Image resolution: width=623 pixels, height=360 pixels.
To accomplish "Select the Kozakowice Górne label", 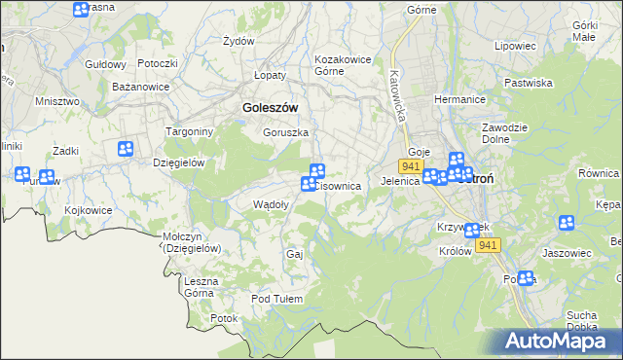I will point(343,65).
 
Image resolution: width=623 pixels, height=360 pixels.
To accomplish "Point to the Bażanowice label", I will point(141,87).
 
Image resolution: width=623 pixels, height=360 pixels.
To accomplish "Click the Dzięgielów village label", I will point(178,162).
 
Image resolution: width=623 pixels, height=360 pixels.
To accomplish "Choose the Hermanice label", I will point(459,99).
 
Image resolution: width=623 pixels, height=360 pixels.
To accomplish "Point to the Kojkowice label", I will point(90,210).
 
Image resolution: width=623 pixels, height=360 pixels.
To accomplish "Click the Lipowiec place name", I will point(515,45).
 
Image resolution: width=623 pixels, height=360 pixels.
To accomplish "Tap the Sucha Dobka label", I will point(581,320).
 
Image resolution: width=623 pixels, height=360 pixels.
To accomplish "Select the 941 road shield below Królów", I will point(489,245).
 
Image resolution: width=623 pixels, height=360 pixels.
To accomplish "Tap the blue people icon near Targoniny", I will point(126,149).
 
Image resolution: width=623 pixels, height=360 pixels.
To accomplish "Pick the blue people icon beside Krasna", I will point(81,10).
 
